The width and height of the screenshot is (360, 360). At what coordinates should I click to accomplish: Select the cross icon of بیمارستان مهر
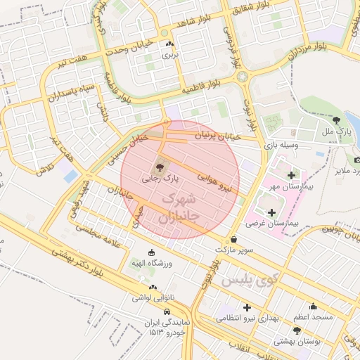(x=291, y=174)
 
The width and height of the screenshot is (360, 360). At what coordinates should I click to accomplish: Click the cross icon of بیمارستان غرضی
(x=271, y=212)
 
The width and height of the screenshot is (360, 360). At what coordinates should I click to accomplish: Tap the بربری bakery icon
(x=169, y=44)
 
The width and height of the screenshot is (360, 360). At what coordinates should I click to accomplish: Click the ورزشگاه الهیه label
(x=152, y=264)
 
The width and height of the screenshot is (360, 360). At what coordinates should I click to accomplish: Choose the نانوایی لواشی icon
(x=153, y=288)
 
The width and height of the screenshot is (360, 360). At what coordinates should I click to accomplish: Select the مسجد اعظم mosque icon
(x=313, y=306)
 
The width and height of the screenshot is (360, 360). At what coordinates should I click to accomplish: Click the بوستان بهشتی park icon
(x=296, y=330)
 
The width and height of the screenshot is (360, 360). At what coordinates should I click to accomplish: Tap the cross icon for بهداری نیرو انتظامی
(x=247, y=307)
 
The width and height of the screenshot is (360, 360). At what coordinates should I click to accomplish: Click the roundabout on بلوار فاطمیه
(x=243, y=76)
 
